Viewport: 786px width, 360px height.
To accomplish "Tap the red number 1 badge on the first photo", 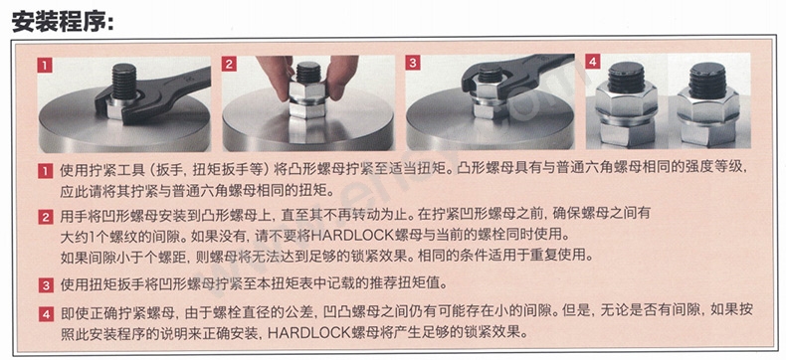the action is point(45,65).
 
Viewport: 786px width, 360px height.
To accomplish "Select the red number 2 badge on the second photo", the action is point(229,64).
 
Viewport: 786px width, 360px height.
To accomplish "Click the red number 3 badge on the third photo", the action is point(413,63).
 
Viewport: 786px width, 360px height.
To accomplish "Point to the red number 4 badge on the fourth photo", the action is point(593,62).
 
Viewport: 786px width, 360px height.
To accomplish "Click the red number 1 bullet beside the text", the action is point(45,172).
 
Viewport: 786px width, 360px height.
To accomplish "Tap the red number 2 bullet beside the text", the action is point(45,218).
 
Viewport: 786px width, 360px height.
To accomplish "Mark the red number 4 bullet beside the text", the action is point(45,314).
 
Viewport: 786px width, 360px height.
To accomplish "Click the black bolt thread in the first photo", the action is point(122,82).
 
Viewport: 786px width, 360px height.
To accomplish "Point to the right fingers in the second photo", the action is point(343,76).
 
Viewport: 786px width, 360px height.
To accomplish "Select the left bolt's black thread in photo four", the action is point(626,77).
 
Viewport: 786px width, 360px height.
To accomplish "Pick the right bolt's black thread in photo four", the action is point(707,81).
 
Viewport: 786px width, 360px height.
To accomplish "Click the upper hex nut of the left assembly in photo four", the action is point(627,101).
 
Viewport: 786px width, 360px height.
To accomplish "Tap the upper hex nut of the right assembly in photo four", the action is point(707,106).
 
